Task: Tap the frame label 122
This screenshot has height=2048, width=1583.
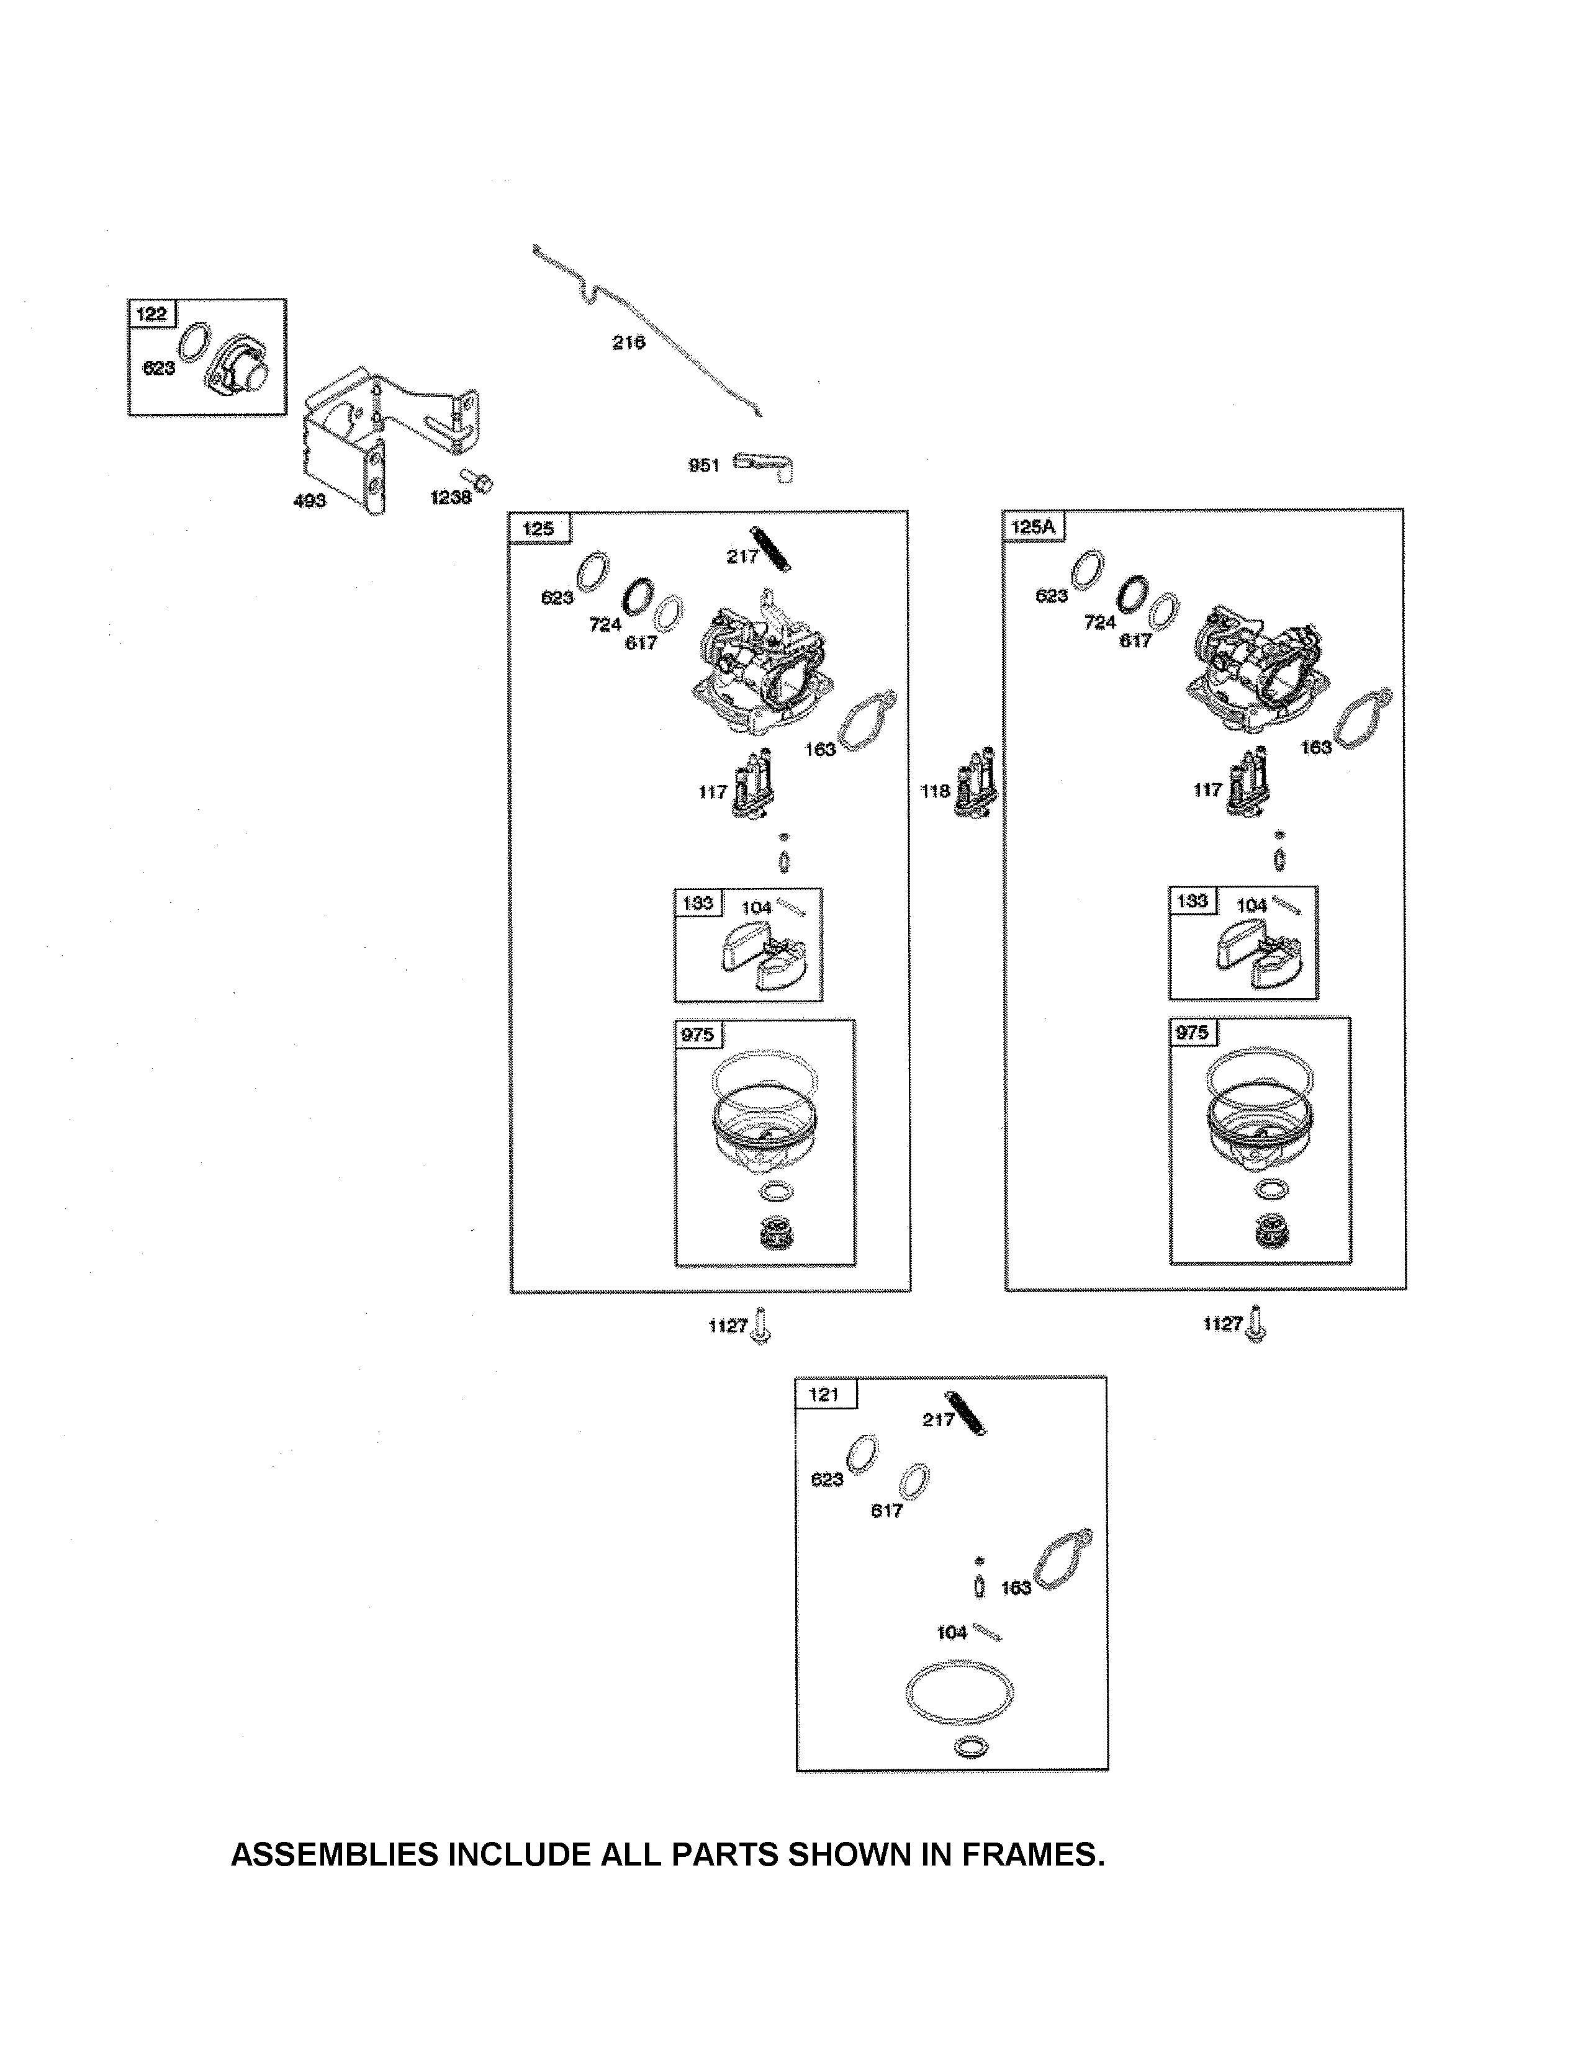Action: [151, 313]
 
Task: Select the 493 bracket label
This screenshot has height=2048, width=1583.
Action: [310, 501]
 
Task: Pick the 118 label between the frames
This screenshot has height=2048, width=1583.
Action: [935, 791]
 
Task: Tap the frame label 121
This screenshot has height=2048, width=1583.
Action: [823, 1395]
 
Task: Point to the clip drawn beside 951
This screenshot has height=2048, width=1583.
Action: [764, 464]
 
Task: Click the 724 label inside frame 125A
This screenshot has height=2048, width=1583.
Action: [1100, 622]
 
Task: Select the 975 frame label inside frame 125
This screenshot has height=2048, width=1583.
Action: [697, 1035]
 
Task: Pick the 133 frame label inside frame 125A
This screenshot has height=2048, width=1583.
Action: [1192, 901]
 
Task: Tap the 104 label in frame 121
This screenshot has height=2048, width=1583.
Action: [952, 1633]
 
